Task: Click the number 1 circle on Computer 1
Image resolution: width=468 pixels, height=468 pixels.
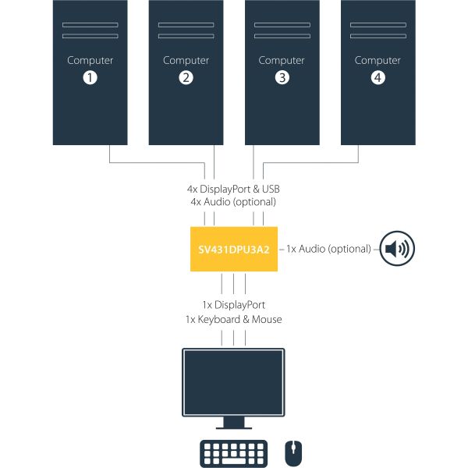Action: [x=90, y=77]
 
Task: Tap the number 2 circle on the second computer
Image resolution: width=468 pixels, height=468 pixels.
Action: [x=186, y=77]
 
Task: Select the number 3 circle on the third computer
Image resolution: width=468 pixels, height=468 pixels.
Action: [x=282, y=77]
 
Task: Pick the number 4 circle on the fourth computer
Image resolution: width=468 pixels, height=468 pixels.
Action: [x=378, y=77]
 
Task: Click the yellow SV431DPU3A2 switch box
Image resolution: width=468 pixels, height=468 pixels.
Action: [x=234, y=249]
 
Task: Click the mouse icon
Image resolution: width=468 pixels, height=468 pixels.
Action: [x=292, y=452]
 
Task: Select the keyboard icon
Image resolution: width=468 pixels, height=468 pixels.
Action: [x=234, y=452]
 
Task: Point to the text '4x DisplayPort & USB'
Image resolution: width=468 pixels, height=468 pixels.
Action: [x=233, y=189]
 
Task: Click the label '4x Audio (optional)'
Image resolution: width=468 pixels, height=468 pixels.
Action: [x=233, y=202]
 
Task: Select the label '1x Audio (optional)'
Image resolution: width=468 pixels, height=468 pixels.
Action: [x=328, y=249]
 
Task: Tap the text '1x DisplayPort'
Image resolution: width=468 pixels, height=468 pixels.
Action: [x=233, y=305]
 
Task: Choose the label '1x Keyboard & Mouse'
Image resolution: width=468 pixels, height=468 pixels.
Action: [x=233, y=319]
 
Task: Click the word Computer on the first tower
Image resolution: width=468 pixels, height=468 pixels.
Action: [x=90, y=60]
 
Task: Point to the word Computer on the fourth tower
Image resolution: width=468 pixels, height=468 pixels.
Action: [x=378, y=60]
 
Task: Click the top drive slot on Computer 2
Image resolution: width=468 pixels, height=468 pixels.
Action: [x=186, y=25]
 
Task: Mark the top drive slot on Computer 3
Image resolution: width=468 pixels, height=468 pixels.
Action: [x=282, y=25]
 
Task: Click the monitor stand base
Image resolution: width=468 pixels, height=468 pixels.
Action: [x=234, y=427]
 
